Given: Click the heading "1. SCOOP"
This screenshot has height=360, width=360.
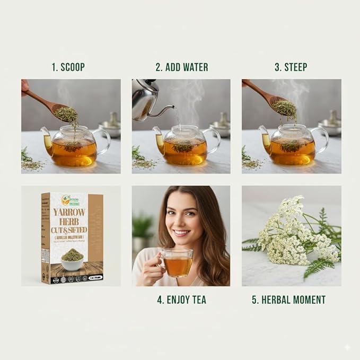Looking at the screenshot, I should tap(68, 67).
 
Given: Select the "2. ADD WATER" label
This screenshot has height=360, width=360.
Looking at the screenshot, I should tap(181, 67).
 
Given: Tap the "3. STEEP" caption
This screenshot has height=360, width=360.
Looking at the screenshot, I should tap(291, 67).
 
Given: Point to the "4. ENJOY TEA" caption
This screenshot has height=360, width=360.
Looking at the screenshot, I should tap(182, 300).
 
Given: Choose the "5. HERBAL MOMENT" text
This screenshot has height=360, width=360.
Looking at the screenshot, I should tap(288, 300).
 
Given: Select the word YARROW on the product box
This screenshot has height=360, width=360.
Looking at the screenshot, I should tap(69, 212).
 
